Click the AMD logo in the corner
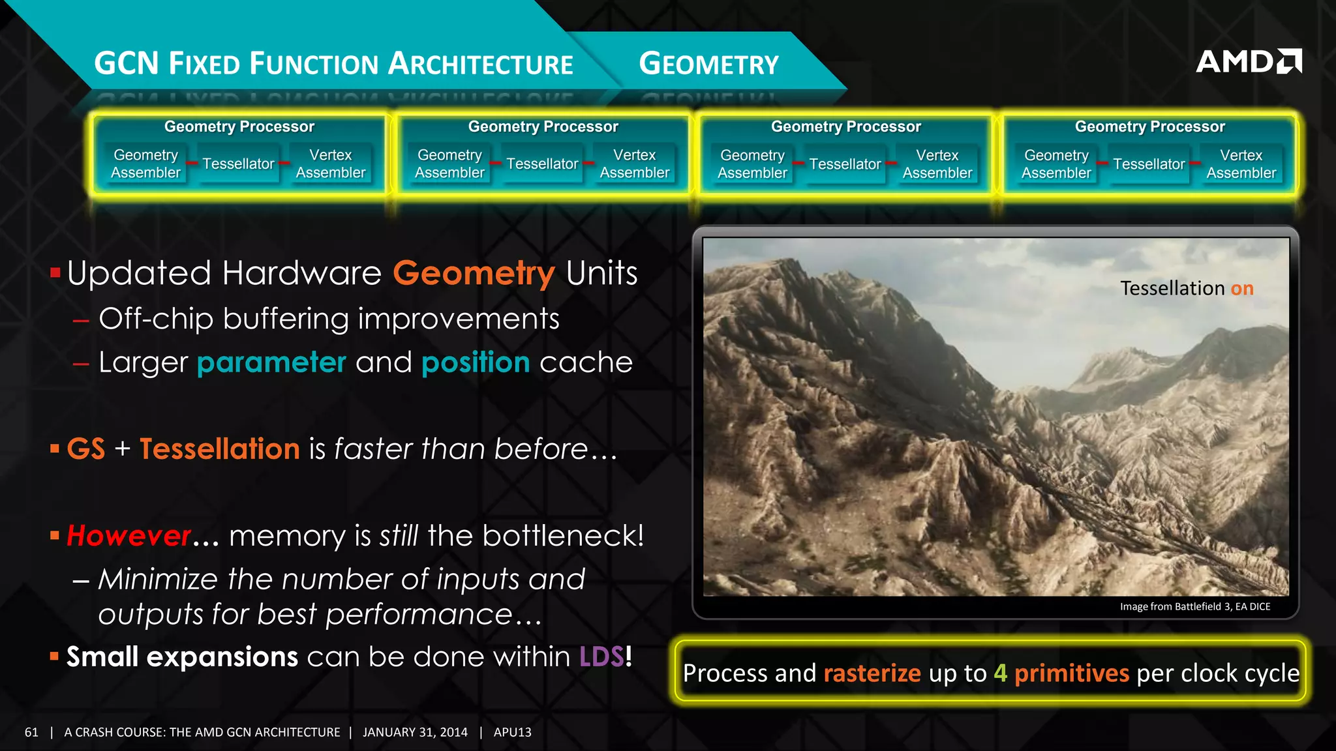click(x=1248, y=61)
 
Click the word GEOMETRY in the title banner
click(x=708, y=64)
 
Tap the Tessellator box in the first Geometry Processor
click(x=238, y=164)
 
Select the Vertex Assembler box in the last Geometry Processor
click(x=1241, y=164)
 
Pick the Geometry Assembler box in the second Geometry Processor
click(x=449, y=164)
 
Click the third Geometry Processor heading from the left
click(x=846, y=126)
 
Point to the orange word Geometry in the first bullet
click(x=474, y=273)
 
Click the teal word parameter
click(x=271, y=362)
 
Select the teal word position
click(x=476, y=362)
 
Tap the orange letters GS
click(x=86, y=449)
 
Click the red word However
click(x=129, y=536)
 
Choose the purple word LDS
click(x=601, y=656)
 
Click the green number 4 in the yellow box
click(x=1000, y=673)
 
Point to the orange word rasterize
click(x=872, y=673)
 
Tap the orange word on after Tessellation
click(x=1242, y=288)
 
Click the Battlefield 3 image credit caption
click(x=1195, y=606)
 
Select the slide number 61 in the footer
click(x=31, y=732)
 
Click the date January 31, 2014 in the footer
click(x=415, y=732)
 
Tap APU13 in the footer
click(x=512, y=732)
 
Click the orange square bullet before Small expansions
click(x=54, y=656)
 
